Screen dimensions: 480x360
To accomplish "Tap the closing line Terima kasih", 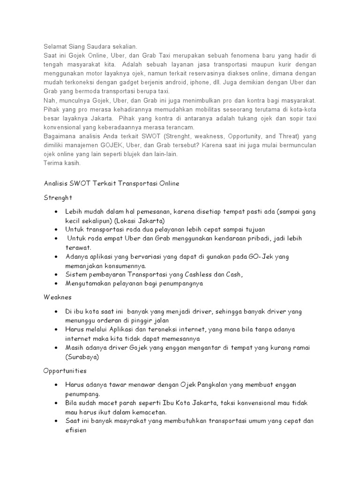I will [58, 163].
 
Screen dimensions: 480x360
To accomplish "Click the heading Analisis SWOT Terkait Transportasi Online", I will [108, 184].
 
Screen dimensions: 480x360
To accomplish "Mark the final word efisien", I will [78, 429].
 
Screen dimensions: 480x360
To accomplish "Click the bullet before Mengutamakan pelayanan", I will [56, 283].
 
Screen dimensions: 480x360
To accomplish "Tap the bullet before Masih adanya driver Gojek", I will [56, 347].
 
